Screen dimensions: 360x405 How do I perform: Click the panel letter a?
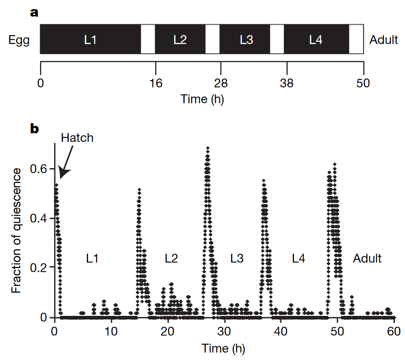point(34,12)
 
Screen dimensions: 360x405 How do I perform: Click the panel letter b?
point(34,129)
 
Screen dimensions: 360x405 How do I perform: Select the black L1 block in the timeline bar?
point(90,40)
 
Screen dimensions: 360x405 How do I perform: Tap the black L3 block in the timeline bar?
point(246,40)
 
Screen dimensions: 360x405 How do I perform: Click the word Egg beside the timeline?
point(19,40)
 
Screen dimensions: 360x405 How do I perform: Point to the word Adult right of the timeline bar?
point(384,40)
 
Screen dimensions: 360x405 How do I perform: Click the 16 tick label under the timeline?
point(156,82)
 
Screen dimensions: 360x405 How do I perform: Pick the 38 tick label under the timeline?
point(287,82)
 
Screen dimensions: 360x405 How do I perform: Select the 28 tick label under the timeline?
point(220,82)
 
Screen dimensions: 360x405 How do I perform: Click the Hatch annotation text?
point(77,138)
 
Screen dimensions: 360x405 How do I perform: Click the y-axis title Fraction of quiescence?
point(16,230)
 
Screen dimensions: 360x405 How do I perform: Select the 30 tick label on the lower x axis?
point(224,330)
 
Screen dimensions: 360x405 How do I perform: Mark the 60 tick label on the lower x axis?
point(394,330)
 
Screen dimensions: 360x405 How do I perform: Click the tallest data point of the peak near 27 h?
point(208,148)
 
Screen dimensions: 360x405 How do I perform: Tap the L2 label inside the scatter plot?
point(171,258)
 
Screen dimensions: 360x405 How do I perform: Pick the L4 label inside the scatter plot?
point(298,258)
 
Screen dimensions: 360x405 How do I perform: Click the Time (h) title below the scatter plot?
point(223,349)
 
